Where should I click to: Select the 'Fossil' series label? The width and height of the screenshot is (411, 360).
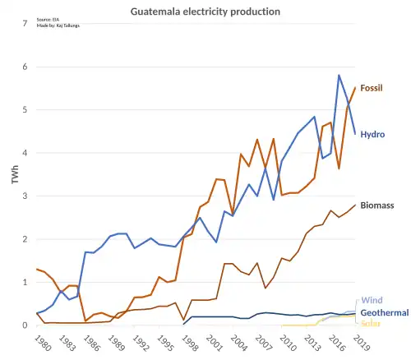tap(372, 88)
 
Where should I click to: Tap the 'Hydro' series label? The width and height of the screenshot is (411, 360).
tap(372, 134)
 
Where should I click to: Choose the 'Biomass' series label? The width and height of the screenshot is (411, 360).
tap(377, 205)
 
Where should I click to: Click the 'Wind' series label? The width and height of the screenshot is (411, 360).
tap(372, 302)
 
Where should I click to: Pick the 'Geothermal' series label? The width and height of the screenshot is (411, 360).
tap(385, 313)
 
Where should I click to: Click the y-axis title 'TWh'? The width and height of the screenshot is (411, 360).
tap(16, 174)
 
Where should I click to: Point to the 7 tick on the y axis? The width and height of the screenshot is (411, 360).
tap(25, 24)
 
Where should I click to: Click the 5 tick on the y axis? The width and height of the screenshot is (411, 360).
tap(25, 110)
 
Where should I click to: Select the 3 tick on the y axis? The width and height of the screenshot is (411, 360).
tap(25, 196)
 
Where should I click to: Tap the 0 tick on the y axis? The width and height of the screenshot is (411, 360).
tap(25, 325)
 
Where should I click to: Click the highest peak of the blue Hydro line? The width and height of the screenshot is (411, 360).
tap(339, 76)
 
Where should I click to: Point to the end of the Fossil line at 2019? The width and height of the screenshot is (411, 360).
tap(355, 88)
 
